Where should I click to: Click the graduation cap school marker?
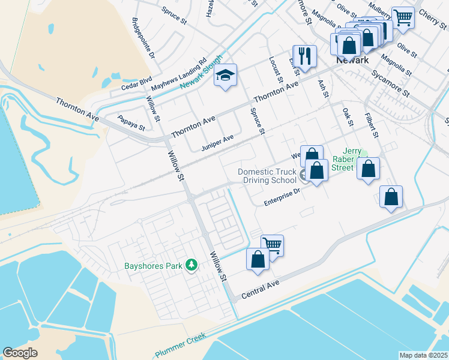[226, 76]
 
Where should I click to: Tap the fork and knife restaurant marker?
[304, 56]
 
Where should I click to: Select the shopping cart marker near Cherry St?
[402, 17]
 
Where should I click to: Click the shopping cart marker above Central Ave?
[272, 245]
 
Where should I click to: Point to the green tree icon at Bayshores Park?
[191, 264]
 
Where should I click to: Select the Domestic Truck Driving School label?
[267, 176]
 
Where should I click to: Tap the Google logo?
[20, 352]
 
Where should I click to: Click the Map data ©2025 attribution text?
[424, 355]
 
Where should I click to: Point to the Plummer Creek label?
[179, 346]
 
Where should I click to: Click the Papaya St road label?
[131, 124]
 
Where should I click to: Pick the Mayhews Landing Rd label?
[178, 74]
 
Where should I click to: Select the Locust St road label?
[276, 70]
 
